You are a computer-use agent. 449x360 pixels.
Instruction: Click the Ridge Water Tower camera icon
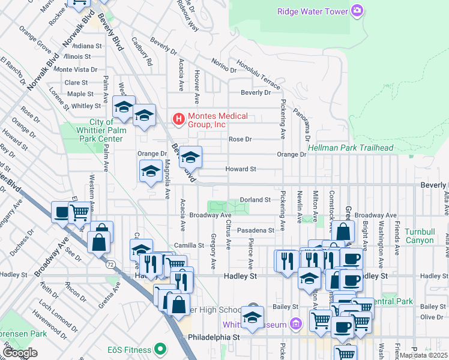[x=357, y=10]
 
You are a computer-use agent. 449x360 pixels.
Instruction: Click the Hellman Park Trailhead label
[x=351, y=148]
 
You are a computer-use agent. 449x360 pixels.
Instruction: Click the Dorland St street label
[x=256, y=199]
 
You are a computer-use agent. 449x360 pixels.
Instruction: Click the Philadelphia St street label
[x=213, y=337]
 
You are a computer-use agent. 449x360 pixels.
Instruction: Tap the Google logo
[x=20, y=353]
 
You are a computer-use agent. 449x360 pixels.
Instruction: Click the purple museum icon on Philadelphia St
[x=295, y=325]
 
